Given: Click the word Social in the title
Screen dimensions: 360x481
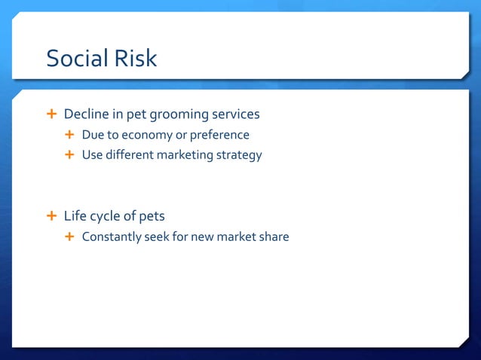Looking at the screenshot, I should tap(75, 58).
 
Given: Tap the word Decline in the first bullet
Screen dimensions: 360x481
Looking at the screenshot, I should tap(87, 114).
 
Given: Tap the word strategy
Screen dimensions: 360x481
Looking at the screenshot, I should tap(240, 156).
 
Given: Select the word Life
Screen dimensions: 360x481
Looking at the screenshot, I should tap(75, 216).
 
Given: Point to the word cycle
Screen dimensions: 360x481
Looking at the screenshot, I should tap(106, 217).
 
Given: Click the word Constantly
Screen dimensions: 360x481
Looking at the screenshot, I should tap(112, 237).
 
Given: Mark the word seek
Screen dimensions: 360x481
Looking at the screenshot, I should tap(158, 237).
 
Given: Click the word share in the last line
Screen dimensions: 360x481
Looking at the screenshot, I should tap(273, 237).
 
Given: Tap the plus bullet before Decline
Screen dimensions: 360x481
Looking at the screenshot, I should tap(51, 114).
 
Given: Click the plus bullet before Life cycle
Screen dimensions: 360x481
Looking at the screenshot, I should tap(51, 216).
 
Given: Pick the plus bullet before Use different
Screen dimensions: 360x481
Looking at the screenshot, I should tap(70, 155).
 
